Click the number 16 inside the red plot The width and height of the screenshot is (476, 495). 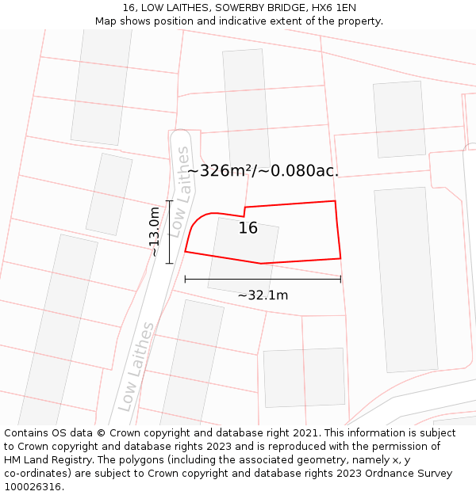[248, 228]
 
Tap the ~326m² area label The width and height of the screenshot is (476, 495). [263, 170]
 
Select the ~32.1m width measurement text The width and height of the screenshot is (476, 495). [263, 295]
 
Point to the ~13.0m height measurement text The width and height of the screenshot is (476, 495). [155, 231]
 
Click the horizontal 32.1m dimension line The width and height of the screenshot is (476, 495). [263, 279]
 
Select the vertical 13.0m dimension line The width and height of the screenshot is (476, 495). [169, 231]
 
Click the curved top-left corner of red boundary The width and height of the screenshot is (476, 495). [198, 219]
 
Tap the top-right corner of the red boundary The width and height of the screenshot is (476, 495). [335, 201]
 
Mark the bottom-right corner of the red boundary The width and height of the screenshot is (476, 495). [340, 258]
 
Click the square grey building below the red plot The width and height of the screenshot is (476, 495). [304, 378]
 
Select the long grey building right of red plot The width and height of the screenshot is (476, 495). [405, 279]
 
